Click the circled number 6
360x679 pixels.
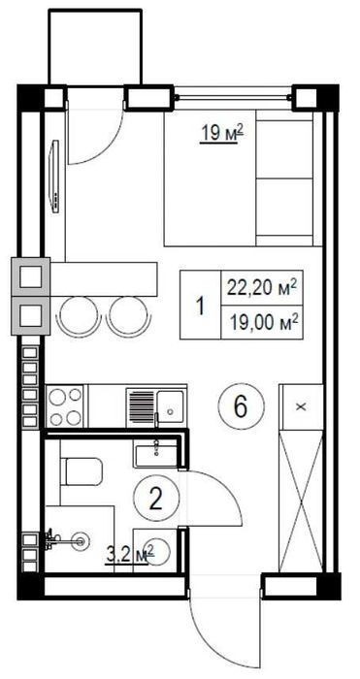241,407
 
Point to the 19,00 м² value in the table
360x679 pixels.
263,323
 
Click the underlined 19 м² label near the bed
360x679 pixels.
221,133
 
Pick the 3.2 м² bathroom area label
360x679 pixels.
130,555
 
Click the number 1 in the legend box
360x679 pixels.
200,307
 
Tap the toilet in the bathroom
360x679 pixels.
82,471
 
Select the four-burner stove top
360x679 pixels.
65,405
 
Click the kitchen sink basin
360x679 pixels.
170,405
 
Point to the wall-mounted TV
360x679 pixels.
55,177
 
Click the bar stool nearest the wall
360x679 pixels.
79,316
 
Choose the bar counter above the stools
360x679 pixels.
104,279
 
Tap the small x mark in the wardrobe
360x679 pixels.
302,406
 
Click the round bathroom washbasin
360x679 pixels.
155,550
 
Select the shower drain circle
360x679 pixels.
81,540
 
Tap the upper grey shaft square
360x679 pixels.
31,277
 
